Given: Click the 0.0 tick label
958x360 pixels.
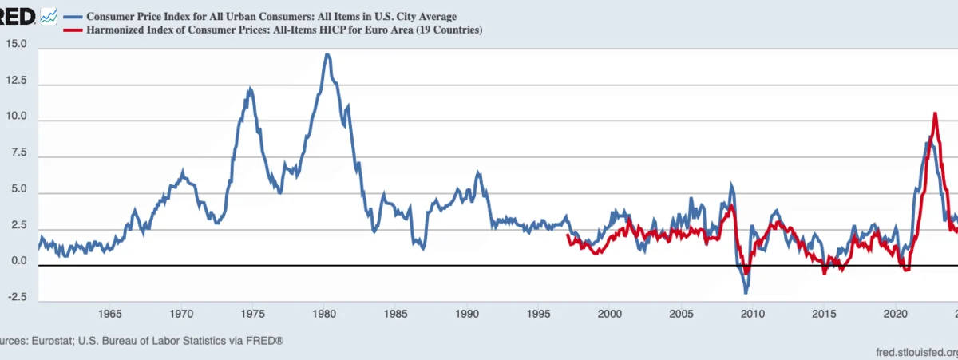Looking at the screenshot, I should click(x=19, y=262).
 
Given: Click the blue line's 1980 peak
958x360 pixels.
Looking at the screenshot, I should click(x=327, y=54).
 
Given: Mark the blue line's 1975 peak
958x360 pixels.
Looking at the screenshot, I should click(x=250, y=89).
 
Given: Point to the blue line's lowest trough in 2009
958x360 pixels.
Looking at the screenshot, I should click(x=746, y=292).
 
